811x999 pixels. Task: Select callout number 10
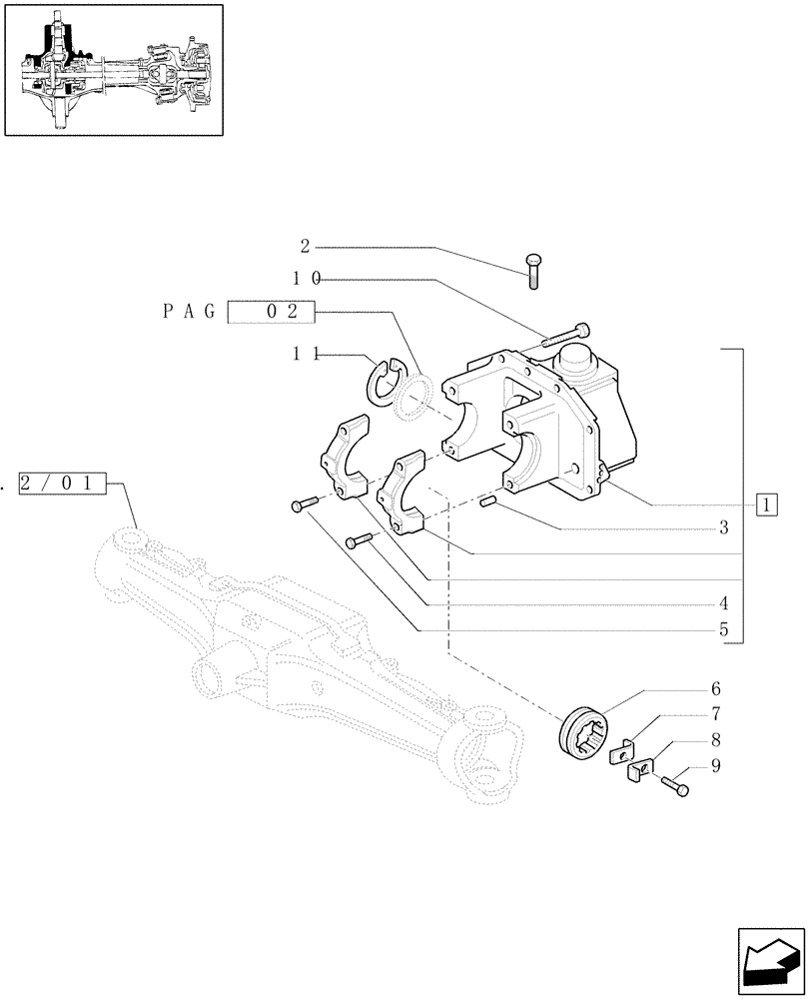pos(307,279)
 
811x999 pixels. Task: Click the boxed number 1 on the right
pos(766,504)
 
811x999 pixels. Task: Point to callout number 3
pos(723,526)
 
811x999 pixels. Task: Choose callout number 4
pos(723,603)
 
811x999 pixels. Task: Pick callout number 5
pos(723,630)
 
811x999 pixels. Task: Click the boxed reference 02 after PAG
pos(272,312)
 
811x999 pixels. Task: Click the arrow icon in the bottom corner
pos(770,962)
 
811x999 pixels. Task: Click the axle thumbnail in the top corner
pos(113,70)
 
